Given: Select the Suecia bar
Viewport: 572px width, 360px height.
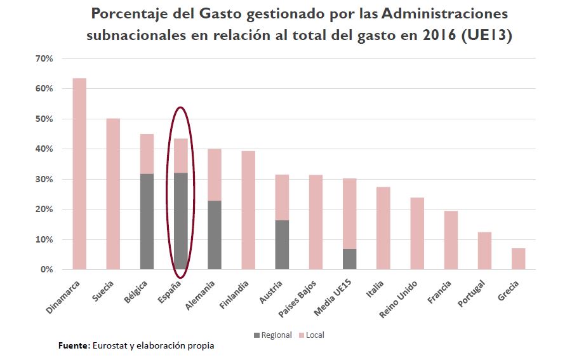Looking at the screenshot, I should click(113, 194).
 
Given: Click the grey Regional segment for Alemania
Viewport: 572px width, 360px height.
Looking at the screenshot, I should click(215, 235).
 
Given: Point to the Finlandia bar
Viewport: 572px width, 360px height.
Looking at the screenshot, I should click(248, 210).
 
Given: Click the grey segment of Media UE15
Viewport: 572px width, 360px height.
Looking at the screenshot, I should click(350, 259).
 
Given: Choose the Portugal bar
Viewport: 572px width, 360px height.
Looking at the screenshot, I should click(484, 251).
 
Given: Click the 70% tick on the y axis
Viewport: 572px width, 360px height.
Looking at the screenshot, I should click(44, 58).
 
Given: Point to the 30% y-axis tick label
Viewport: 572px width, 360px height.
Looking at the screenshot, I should click(44, 179).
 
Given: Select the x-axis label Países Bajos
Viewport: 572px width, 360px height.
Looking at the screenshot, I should click(302, 298).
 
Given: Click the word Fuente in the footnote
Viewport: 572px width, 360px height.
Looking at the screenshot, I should click(73, 346).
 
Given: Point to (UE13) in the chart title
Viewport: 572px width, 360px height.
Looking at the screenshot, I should click(487, 36).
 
